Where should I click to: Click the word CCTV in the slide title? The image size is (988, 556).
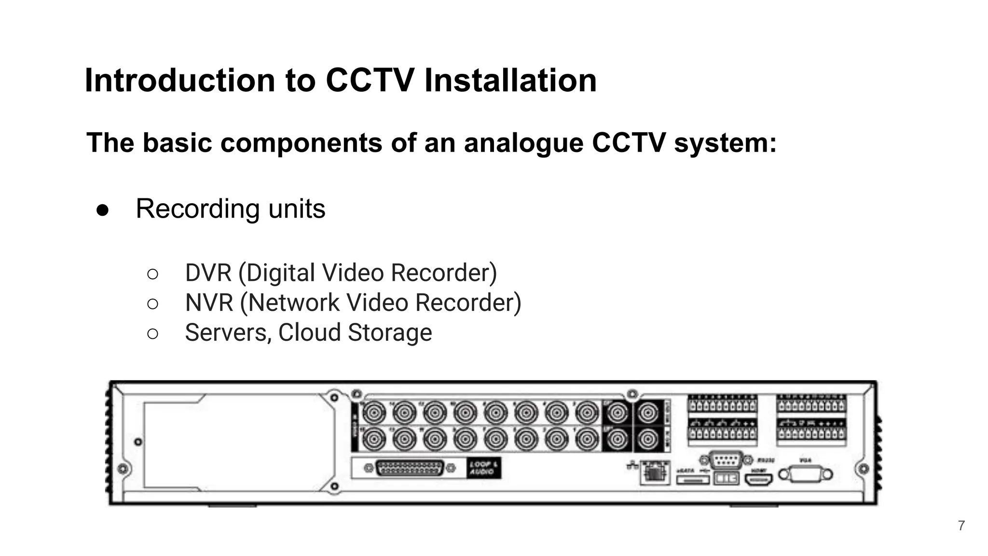[370, 80]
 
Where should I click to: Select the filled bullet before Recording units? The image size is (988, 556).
[102, 210]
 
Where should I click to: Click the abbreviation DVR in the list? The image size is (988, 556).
[208, 273]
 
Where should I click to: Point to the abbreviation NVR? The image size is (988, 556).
[209, 303]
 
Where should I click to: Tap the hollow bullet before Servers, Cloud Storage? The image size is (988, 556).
[152, 334]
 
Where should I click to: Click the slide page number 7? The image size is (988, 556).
[961, 526]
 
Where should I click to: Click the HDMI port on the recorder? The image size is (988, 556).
[759, 479]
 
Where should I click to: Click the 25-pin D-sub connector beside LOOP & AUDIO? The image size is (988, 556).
[410, 468]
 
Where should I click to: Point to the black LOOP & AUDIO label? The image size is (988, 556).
[484, 468]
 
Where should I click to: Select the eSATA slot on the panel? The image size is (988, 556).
[692, 480]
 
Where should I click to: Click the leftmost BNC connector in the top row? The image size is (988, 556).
[374, 413]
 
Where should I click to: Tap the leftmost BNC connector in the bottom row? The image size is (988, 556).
[374, 439]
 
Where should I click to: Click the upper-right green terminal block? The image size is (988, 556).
[811, 404]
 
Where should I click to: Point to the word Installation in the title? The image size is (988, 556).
[510, 80]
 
